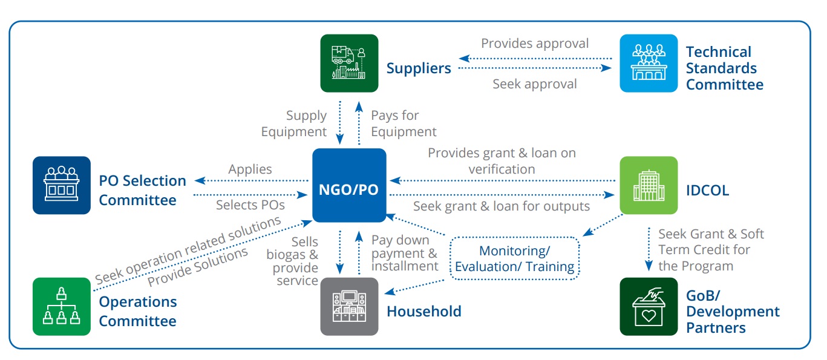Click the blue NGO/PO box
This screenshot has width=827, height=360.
pos(349,185)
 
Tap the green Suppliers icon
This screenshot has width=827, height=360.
pos(349,63)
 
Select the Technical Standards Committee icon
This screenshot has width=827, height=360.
pos(649,63)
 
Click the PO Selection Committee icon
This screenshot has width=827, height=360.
pos(62,185)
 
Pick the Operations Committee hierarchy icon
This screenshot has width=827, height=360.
pos(62,306)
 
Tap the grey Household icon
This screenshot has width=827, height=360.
pos(349,306)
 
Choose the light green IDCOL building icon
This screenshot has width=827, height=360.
pos(649,185)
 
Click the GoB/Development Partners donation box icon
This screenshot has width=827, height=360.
pos(649,306)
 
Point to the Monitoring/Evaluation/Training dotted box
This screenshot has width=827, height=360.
pos(514,258)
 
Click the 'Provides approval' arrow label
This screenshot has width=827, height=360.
pos(534,44)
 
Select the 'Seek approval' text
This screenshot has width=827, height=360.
pos(534,84)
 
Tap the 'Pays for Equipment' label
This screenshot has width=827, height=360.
pos(403,123)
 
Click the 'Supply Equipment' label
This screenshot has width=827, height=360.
pos(295,123)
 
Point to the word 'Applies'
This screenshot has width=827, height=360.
pos(250,169)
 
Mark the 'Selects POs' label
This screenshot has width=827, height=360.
pos(250,205)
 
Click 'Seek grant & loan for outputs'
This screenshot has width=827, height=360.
pos(501,206)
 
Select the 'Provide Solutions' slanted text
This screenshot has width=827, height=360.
pos(198,267)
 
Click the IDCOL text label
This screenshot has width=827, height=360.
pos(707,191)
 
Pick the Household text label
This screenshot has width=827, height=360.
pos(423,312)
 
